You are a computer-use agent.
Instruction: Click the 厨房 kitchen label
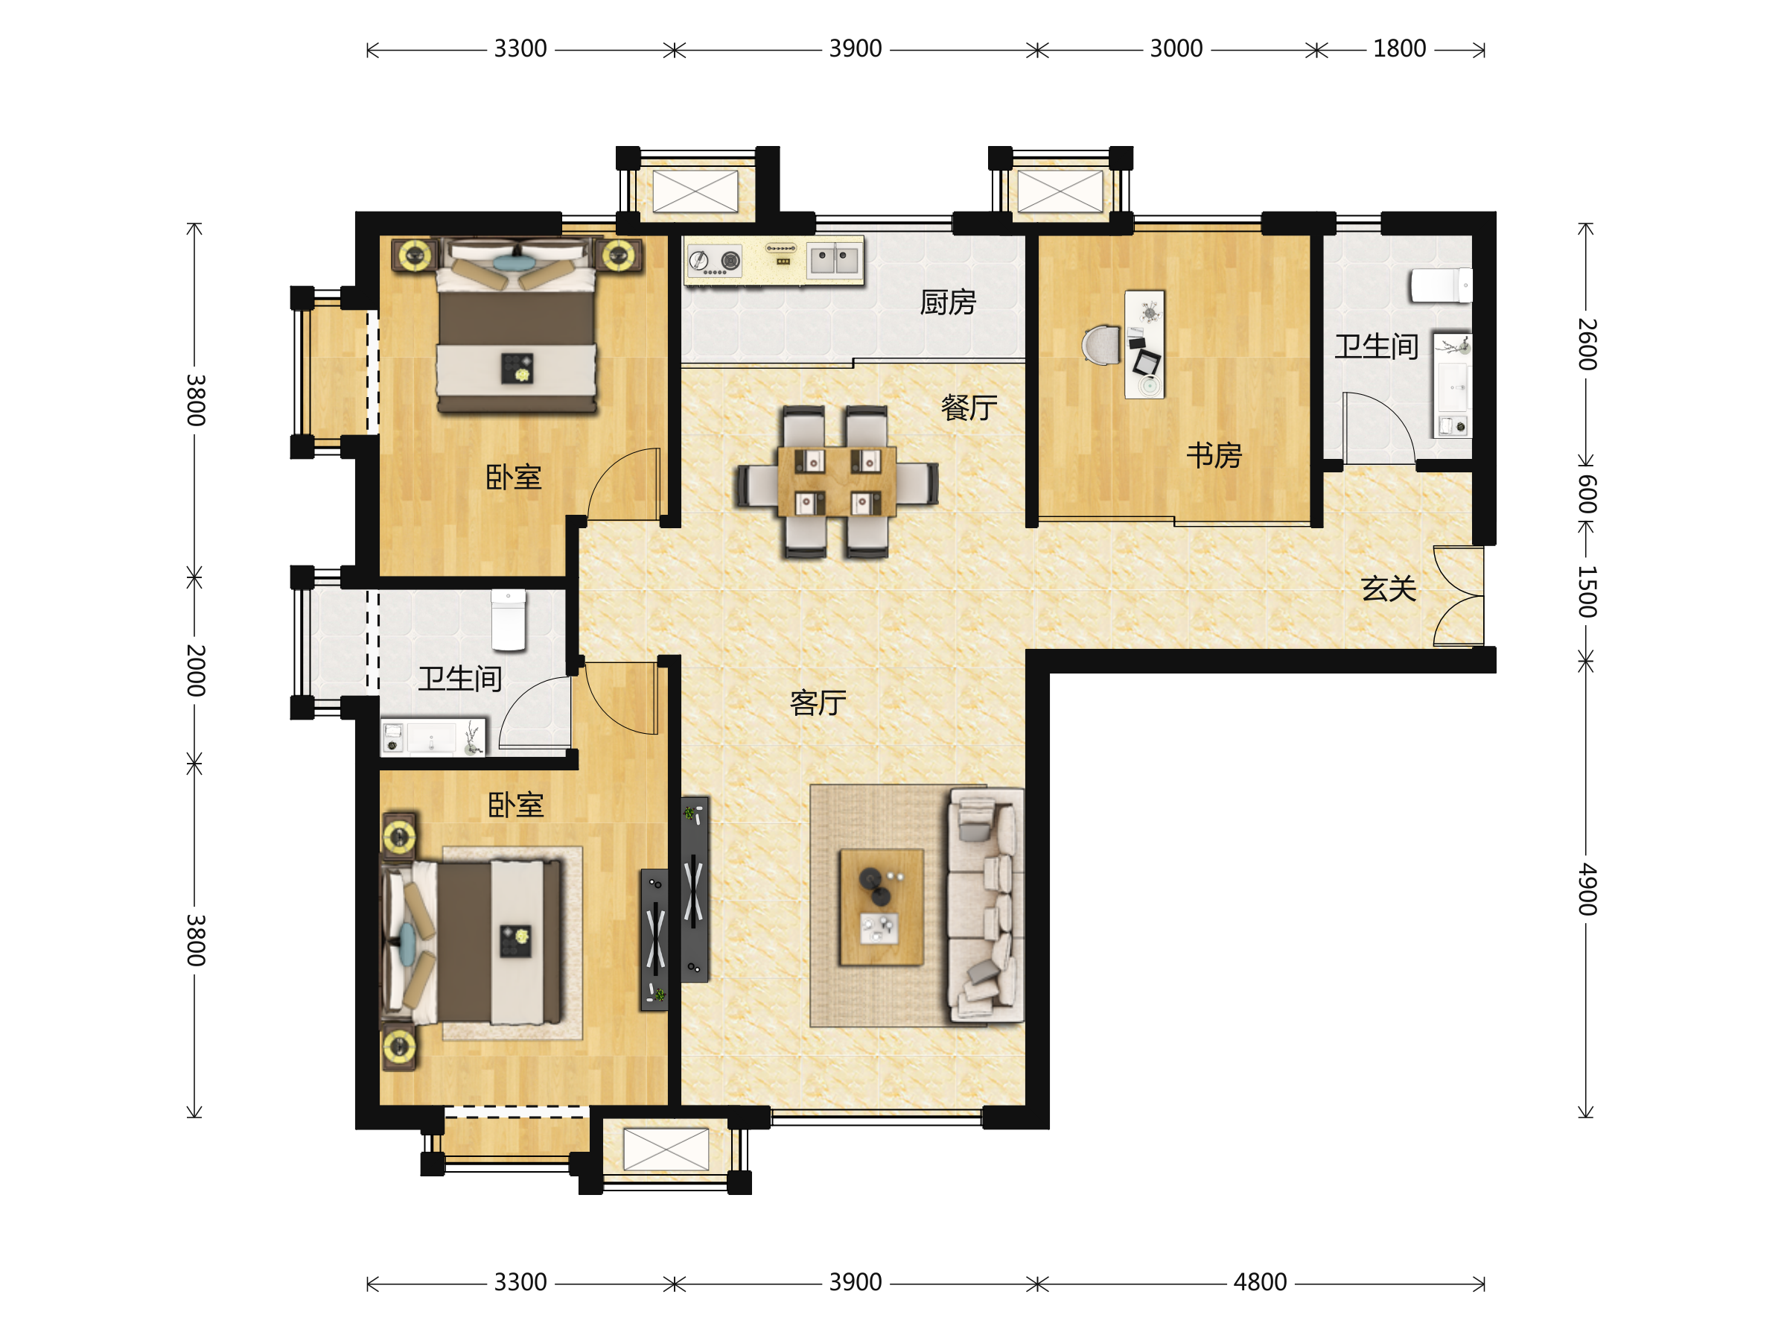click(948, 302)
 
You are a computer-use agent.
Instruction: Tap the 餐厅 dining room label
click(969, 408)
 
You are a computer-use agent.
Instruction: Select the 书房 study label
click(1214, 455)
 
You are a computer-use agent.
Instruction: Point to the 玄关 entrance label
click(1388, 589)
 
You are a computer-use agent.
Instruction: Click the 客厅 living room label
click(818, 703)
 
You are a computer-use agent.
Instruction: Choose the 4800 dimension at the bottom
click(1260, 1282)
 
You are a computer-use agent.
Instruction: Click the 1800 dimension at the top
click(1399, 48)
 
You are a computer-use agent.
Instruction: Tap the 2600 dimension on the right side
click(1587, 344)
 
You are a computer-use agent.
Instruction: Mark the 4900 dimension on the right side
click(1587, 889)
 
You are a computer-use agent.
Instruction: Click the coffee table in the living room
click(882, 907)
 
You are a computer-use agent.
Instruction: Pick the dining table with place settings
click(836, 482)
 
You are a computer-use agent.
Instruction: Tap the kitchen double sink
click(834, 260)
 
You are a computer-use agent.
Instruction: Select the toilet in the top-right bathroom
click(1441, 285)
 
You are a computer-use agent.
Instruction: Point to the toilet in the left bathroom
click(508, 620)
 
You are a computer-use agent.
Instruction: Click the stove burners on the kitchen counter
click(714, 261)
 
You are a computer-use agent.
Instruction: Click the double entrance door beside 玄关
click(1459, 596)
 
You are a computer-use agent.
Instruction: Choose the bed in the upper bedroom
click(517, 325)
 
